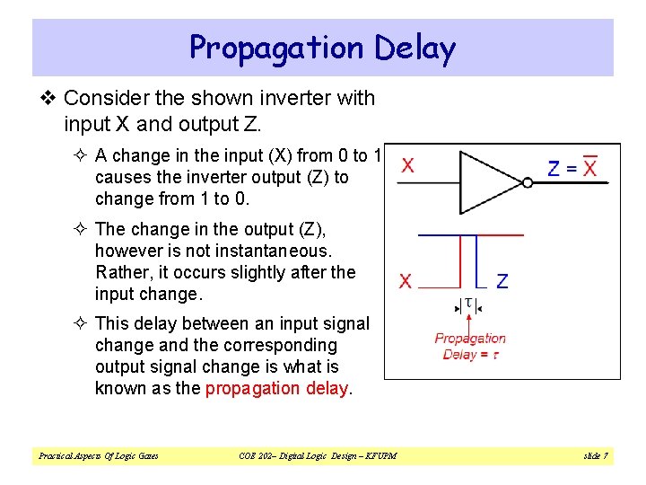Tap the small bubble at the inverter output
[x=528, y=182]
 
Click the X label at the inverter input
[x=407, y=166]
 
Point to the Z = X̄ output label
[x=572, y=167]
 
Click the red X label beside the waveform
[x=406, y=282]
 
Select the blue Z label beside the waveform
[x=502, y=282]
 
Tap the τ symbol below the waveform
[x=467, y=304]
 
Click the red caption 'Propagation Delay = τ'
[x=470, y=346]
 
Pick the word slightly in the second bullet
[x=268, y=272]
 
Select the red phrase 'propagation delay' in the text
[x=278, y=388]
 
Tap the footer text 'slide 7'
[x=595, y=456]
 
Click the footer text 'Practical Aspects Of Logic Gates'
[x=98, y=456]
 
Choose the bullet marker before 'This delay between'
[x=81, y=323]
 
